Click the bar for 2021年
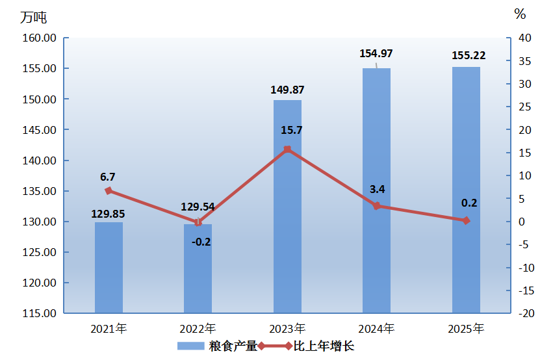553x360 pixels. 109,267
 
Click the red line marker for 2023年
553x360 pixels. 287,149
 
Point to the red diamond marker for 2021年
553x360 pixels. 109,191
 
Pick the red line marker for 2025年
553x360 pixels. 466,221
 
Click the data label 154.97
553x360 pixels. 376,53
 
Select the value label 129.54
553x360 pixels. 198,208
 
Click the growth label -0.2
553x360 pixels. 201,242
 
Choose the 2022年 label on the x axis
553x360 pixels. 198,329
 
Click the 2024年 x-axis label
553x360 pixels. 376,329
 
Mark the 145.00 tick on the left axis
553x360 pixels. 40,130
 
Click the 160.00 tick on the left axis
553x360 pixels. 40,38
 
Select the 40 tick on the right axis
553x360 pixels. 524,38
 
